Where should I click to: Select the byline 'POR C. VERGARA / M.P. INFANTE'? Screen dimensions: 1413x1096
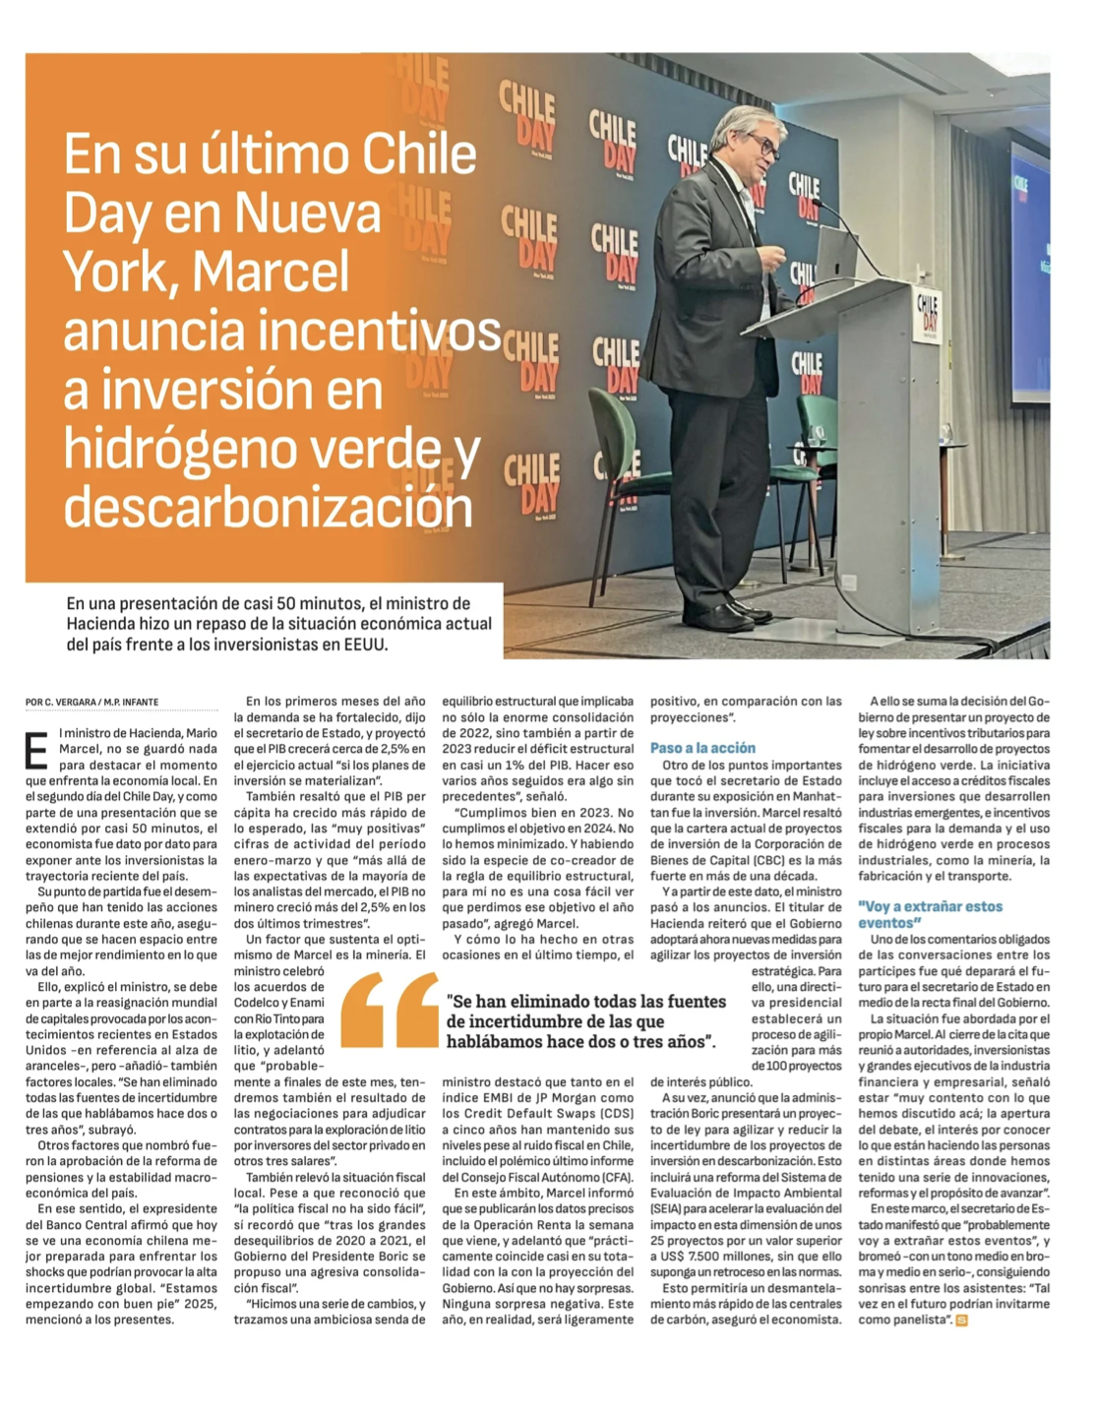pos(91,702)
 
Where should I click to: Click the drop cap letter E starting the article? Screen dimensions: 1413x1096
pos(35,751)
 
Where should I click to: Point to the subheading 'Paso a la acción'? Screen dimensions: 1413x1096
pos(702,748)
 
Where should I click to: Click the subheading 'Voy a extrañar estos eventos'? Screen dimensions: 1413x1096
pos(930,914)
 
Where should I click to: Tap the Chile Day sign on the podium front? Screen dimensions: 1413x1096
pos(927,314)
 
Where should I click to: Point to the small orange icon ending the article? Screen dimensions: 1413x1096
pos(961,1320)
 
